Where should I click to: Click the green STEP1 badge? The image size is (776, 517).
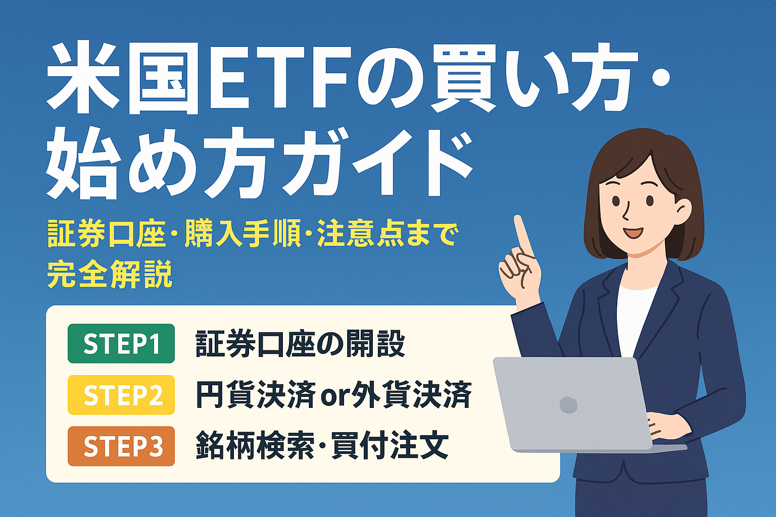(x=121, y=343)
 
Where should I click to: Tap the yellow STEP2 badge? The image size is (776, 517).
(x=121, y=395)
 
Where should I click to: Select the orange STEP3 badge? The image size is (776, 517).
(x=121, y=446)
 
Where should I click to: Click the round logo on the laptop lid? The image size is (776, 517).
(x=568, y=404)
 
